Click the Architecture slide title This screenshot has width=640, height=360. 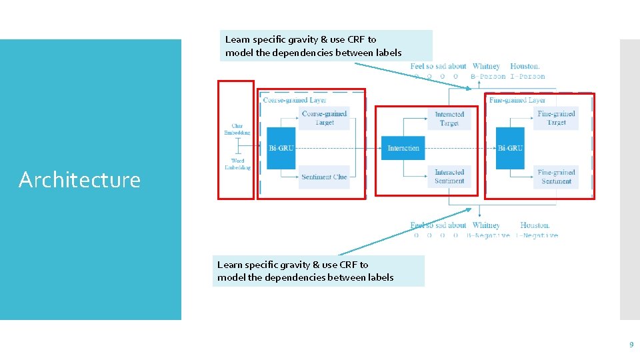79,180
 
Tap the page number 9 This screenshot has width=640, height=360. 631,345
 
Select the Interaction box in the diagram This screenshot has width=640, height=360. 403,148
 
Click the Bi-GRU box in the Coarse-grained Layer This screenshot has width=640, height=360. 281,148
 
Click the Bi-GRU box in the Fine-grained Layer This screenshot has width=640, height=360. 510,148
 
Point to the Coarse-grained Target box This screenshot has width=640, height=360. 324,118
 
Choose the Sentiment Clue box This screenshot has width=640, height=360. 324,177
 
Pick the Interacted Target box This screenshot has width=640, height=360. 449,119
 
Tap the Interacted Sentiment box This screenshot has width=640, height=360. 449,177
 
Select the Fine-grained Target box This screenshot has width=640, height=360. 556,118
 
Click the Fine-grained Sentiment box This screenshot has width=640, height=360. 556,177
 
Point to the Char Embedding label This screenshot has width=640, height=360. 237,129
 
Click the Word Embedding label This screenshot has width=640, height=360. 237,164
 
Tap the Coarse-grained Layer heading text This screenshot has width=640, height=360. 295,100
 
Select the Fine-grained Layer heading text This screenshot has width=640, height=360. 517,100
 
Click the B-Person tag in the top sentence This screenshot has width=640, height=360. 488,77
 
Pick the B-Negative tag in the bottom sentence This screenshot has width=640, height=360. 488,235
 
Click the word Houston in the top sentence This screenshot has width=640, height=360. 525,66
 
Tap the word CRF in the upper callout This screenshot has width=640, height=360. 357,39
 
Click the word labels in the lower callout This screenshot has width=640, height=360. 379,277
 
